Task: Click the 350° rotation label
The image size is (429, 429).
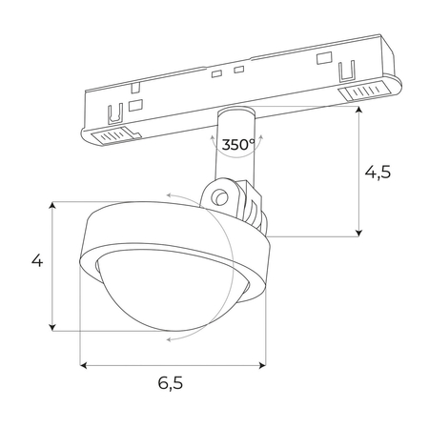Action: point(237,145)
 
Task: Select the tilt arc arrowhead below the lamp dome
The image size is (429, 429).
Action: point(167,337)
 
